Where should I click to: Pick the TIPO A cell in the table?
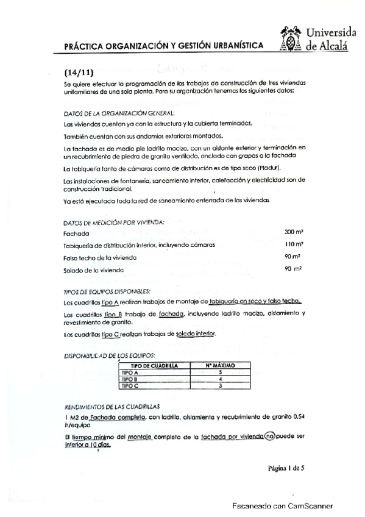tap(131, 372)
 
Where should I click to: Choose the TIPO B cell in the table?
tap(131, 379)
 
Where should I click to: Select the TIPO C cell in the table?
tap(131, 385)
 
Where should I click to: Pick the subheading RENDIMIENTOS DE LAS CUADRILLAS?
tap(112, 406)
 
